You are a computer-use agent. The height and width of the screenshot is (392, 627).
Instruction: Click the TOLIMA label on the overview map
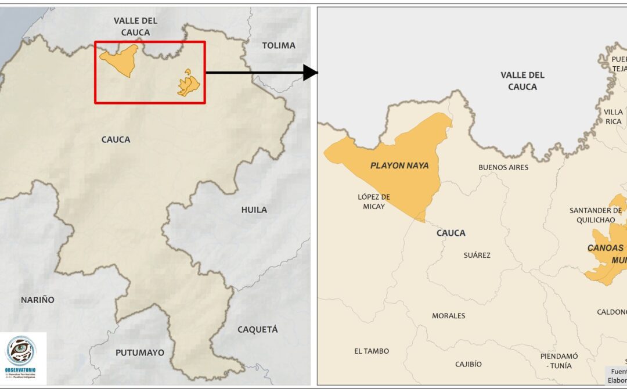278,45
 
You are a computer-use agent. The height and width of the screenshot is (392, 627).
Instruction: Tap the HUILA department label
254,210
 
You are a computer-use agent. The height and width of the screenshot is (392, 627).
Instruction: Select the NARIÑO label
38,300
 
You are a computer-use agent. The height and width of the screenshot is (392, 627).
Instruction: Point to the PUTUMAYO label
139,353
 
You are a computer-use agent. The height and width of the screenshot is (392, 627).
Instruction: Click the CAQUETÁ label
257,329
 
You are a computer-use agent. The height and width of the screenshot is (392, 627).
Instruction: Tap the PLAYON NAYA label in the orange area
399,166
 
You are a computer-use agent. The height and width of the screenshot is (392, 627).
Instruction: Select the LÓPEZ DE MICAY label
374,202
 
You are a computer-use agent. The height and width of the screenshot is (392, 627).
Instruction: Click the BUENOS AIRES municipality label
503,167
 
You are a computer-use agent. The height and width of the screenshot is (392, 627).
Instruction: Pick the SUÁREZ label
477,255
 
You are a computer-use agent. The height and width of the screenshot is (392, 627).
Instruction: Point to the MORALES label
448,316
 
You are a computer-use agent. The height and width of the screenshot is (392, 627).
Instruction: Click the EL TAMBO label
372,351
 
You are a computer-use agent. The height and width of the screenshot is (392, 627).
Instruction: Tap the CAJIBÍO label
468,364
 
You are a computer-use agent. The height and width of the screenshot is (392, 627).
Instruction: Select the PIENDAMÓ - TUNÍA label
559,361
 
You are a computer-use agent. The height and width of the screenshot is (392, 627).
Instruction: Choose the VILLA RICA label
613,116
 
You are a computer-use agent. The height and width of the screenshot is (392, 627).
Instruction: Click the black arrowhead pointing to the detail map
311,73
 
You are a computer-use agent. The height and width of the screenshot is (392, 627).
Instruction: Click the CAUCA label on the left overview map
116,139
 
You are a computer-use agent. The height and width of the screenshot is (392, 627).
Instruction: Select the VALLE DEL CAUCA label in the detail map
522,80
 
